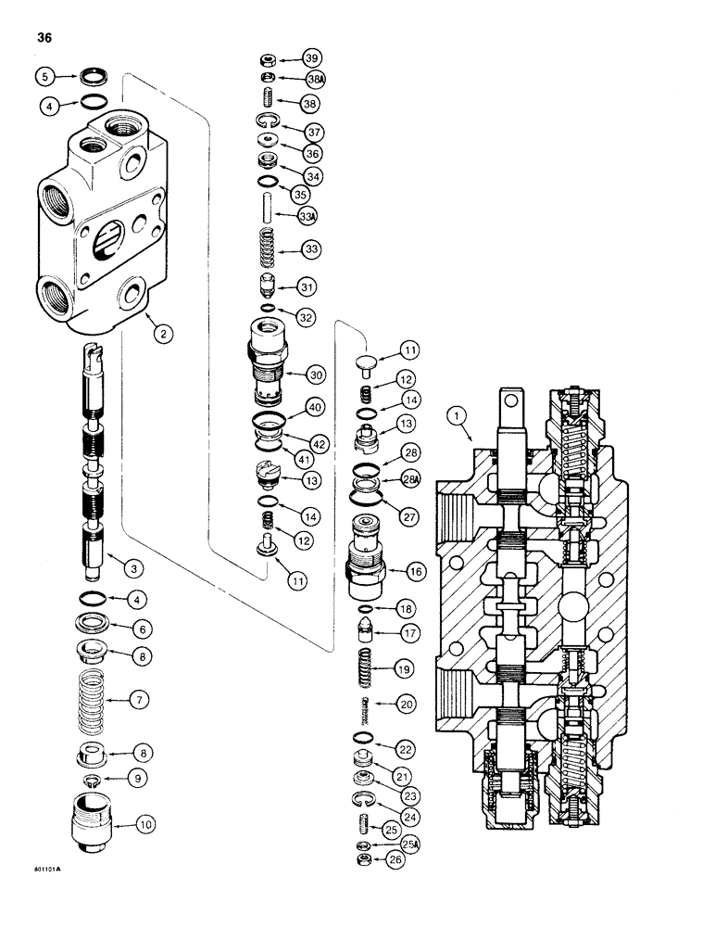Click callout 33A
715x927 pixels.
(310, 216)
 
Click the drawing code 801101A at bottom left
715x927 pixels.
(45, 870)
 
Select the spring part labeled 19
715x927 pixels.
(364, 667)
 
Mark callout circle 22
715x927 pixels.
(405, 747)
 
